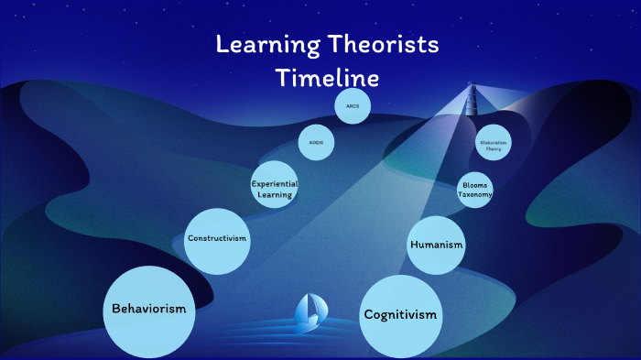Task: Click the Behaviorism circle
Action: pos(148,310)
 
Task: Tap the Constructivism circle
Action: pos(217,239)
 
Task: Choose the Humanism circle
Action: pos(436,245)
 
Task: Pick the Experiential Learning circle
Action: pos(275,189)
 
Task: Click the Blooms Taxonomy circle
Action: pos(475,190)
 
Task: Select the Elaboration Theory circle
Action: pos(493,143)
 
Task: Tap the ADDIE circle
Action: pos(316,143)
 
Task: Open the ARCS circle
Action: pos(353,107)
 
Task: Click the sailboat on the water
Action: pos(309,311)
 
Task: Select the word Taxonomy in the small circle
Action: pos(475,195)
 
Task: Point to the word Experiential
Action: pos(275,184)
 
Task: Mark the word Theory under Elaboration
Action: pos(493,147)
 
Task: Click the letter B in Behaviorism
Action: pos(115,310)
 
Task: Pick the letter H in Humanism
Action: pos(415,245)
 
